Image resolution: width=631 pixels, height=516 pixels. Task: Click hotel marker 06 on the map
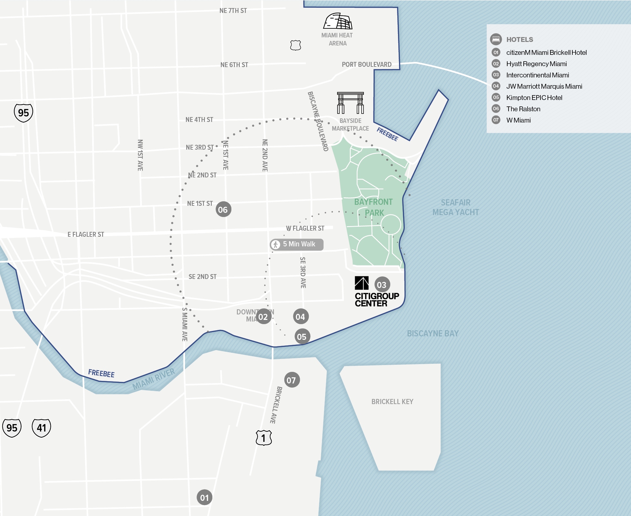coord(223,210)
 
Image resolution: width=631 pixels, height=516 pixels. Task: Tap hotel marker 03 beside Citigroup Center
coord(382,285)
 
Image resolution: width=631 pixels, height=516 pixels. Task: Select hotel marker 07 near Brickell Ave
coord(292,380)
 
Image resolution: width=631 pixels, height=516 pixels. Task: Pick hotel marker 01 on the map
coord(204,498)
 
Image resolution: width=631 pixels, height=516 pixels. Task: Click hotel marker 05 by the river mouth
coord(302,337)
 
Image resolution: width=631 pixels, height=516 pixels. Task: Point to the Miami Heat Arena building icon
coord(338,22)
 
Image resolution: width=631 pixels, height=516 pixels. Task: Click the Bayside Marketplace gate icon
coord(350,103)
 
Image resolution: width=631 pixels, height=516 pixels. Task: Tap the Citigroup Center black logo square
coord(362,283)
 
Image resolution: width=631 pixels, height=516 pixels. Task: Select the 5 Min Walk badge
coord(296,244)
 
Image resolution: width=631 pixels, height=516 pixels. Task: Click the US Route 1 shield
coord(264,438)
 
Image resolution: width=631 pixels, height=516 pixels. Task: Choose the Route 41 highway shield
coord(41,428)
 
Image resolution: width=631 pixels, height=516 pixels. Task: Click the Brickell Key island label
coord(392,402)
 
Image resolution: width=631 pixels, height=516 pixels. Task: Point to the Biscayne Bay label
coord(432,333)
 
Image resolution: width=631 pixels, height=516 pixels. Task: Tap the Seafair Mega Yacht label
coord(455,207)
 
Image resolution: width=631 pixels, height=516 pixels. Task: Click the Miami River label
coord(153,379)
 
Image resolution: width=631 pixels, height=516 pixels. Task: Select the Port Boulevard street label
coord(366,64)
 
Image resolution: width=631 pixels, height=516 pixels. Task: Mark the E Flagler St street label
coord(86,234)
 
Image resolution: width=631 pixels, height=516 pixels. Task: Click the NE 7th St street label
coord(233,11)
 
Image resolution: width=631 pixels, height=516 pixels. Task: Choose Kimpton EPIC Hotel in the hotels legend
coord(534,98)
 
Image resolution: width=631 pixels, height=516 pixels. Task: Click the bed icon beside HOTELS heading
coord(496,39)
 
